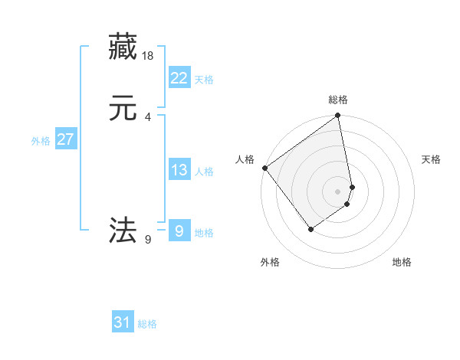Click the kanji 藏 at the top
pyautogui.click(x=123, y=47)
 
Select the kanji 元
pyautogui.click(x=123, y=108)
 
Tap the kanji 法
pyautogui.click(x=123, y=229)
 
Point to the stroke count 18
pyautogui.click(x=148, y=56)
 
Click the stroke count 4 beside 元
pyautogui.click(x=147, y=116)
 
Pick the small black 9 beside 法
pyautogui.click(x=147, y=240)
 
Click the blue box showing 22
pyautogui.click(x=179, y=77)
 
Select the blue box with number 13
pyautogui.click(x=179, y=170)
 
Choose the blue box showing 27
pyautogui.click(x=65, y=139)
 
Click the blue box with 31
pyautogui.click(x=123, y=322)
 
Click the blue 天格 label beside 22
pyautogui.click(x=204, y=80)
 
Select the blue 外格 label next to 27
pyautogui.click(x=41, y=141)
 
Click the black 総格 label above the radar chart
pyautogui.click(x=338, y=100)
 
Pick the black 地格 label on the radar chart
pyautogui.click(x=402, y=262)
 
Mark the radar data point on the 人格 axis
pyautogui.click(x=264, y=168)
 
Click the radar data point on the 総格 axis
pyautogui.click(x=338, y=116)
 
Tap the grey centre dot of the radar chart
pyautogui.click(x=338, y=191)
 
